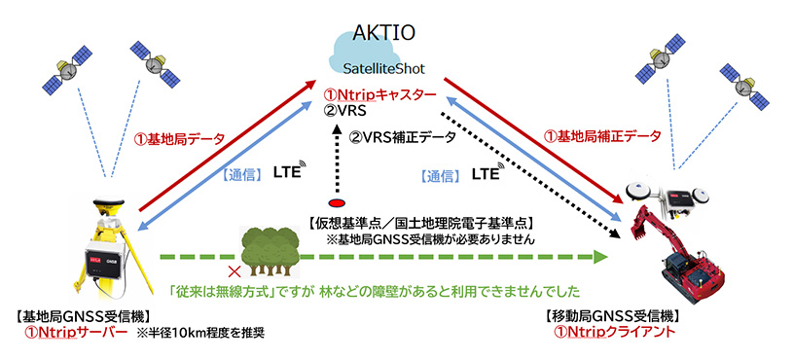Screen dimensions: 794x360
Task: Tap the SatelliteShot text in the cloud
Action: [383, 68]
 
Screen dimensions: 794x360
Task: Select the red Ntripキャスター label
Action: [379, 94]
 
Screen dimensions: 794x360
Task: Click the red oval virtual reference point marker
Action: [337, 203]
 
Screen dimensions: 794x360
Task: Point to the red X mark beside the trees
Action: [234, 272]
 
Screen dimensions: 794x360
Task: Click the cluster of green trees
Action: [270, 252]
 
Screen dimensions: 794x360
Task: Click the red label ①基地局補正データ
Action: [602, 135]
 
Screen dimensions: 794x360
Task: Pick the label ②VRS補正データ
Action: [403, 137]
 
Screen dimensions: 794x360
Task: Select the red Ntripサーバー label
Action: [76, 334]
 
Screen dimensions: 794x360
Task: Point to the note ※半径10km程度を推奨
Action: [200, 334]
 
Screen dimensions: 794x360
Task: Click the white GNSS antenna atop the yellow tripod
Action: [109, 202]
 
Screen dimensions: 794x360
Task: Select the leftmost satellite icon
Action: [67, 68]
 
